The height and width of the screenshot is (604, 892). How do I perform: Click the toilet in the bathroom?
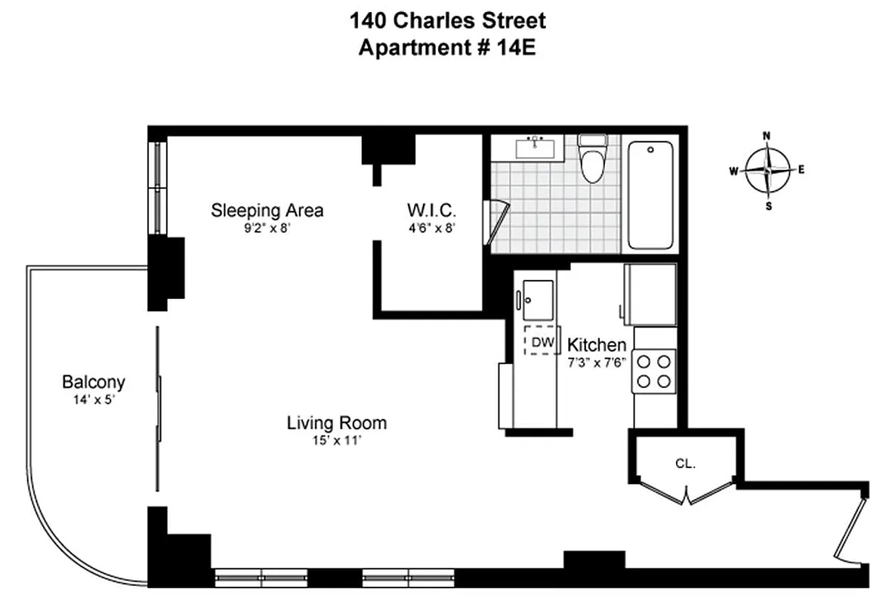pos(591,160)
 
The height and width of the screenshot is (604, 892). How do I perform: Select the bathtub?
pos(650,195)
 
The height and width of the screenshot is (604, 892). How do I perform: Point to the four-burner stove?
pos(654,371)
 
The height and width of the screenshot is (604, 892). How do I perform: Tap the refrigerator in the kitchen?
pos(650,294)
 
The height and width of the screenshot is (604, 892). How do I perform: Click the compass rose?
pos(767,170)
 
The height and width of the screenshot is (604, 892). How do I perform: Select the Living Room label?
pos(337,423)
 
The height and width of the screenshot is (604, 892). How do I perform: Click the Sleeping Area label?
pos(267,210)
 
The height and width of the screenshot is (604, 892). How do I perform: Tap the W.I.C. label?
pos(431,210)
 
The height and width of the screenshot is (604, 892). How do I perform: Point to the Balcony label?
pos(94,382)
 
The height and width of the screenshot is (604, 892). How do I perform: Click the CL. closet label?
pos(685,464)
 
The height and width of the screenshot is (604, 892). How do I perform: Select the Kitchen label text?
pos(597,345)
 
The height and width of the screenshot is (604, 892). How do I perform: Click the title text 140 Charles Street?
pos(447,20)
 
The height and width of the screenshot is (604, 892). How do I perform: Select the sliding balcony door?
pos(159,408)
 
